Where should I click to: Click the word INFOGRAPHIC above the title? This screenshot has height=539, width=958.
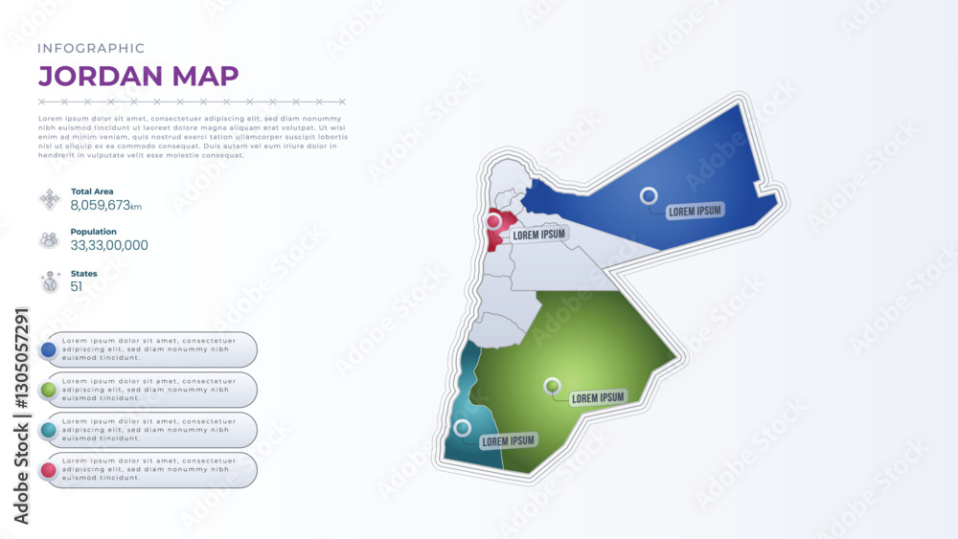coord(91,48)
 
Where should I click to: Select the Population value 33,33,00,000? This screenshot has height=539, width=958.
coord(109,245)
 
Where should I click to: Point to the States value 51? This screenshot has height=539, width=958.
coord(77,286)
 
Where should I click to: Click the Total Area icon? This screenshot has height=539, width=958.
coord(49,199)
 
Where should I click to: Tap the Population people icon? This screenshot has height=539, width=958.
coord(49,240)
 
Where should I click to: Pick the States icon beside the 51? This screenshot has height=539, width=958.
coord(49,281)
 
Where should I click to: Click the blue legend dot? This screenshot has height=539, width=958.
coord(49,350)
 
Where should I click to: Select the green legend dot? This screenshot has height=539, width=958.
coord(49,391)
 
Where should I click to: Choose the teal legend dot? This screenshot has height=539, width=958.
coord(49,431)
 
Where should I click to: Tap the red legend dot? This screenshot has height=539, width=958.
coord(49,471)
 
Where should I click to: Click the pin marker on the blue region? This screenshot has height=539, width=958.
coord(649,196)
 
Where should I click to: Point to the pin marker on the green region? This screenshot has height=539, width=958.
coord(552,387)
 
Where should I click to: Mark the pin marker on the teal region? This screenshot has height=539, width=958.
coord(463,428)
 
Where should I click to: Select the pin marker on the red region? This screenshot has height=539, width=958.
coord(493,222)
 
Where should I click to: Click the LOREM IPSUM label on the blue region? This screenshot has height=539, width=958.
coord(696,211)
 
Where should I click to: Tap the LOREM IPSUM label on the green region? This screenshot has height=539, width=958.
coord(598,397)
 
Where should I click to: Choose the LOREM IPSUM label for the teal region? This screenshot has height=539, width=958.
coord(508,441)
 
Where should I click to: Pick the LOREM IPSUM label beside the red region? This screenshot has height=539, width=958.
coord(539,234)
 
